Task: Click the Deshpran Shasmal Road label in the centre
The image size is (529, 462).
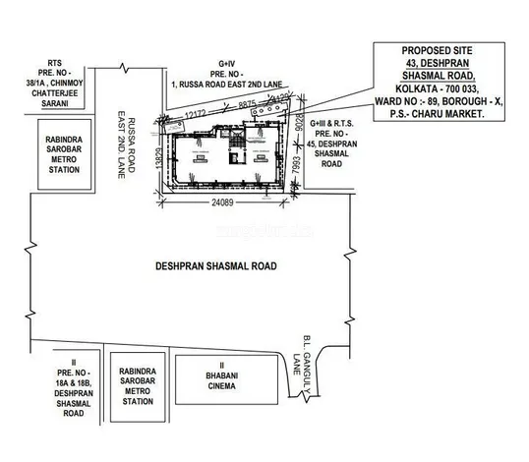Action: [215, 266]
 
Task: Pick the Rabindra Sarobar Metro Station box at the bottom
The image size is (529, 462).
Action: [136, 381]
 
